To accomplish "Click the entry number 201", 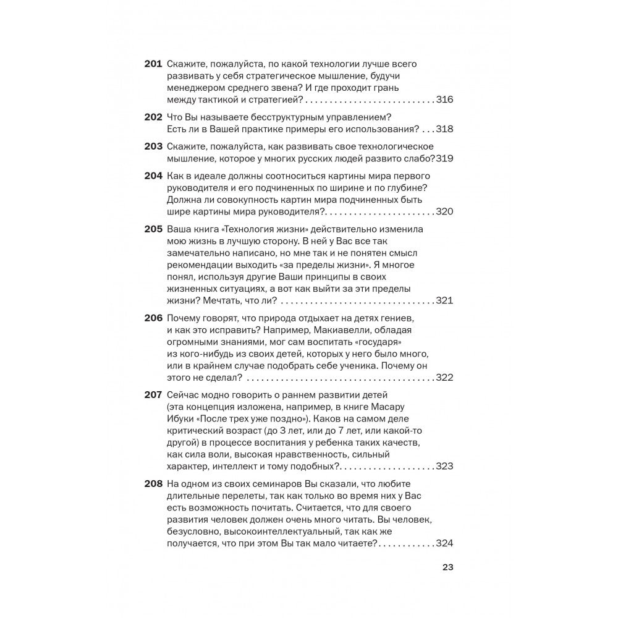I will click(153, 64).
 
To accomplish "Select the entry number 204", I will click(153, 176).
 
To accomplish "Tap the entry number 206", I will click(153, 318).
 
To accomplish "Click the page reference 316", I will click(445, 99).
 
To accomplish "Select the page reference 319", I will click(445, 159).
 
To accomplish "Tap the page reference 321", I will click(445, 300).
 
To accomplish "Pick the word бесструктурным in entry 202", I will click(277, 117).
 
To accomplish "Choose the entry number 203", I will click(153, 146).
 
